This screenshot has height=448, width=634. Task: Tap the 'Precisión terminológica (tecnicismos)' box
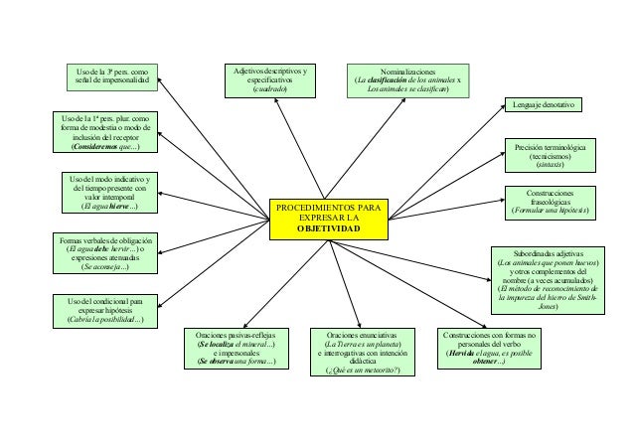point(548,157)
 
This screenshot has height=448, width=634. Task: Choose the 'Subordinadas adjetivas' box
point(548,280)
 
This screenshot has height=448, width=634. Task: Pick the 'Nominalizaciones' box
point(408,80)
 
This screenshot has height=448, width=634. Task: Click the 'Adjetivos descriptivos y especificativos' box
point(271,80)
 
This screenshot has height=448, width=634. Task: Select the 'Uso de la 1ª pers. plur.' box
point(104,132)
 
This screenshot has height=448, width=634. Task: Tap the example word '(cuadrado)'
point(270,90)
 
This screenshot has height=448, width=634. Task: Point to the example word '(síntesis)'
point(549,168)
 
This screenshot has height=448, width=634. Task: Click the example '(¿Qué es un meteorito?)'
point(356,371)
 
